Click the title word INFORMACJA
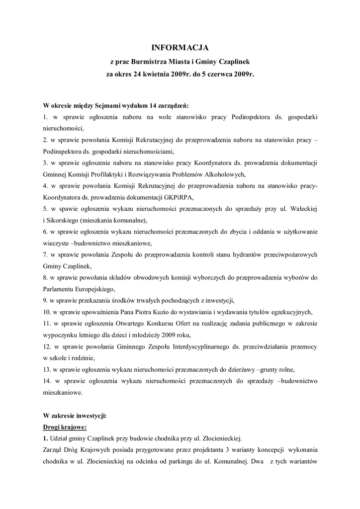pyautogui.click(x=180, y=48)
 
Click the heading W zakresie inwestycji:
pyautogui.click(x=75, y=415)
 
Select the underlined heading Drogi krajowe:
pyautogui.click(x=66, y=426)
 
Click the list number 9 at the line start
pyautogui.click(x=45, y=300)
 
